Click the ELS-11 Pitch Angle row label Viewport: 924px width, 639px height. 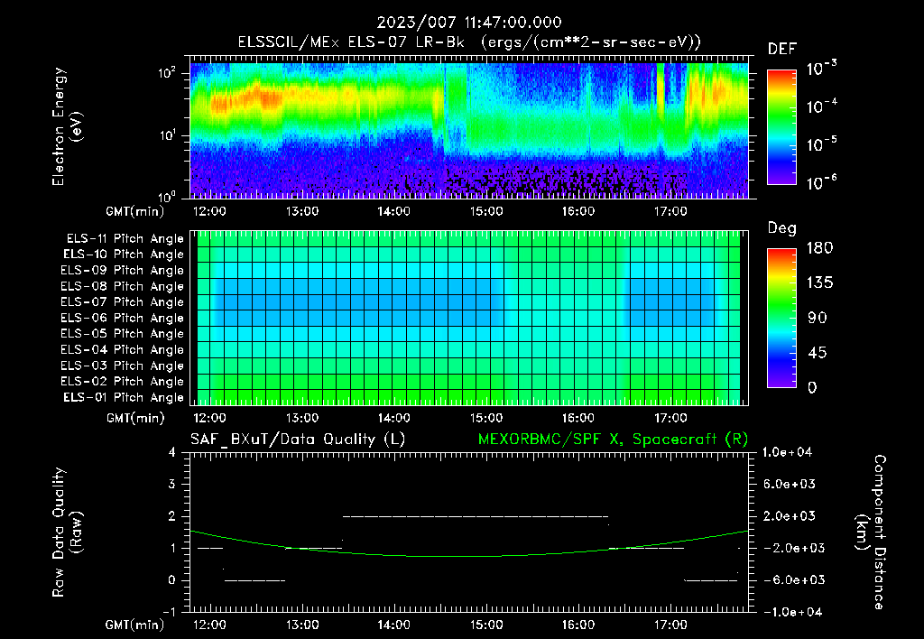125,238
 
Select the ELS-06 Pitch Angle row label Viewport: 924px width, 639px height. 125,318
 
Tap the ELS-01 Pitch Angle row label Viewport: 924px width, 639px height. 125,397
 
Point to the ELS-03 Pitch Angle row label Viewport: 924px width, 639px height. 125,366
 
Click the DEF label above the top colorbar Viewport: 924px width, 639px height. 781,49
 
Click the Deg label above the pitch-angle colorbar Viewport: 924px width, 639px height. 781,227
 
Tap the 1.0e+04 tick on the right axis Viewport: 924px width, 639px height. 790,452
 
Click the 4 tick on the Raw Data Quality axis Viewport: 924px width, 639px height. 173,452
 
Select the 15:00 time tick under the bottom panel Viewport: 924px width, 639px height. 486,625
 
